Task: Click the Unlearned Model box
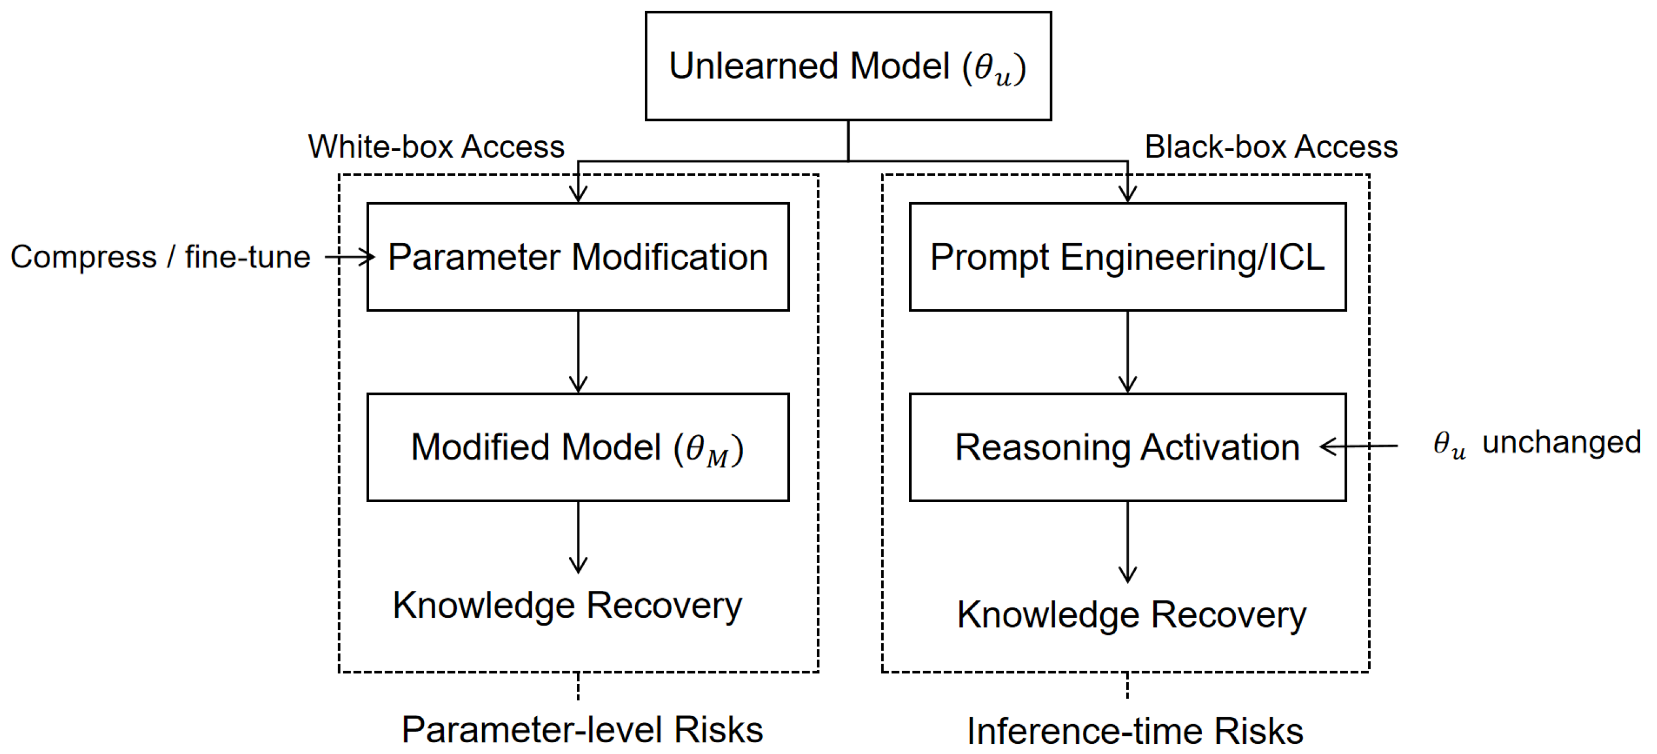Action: pyautogui.click(x=848, y=66)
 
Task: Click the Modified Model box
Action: pyautogui.click(x=578, y=447)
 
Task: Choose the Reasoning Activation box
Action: pyautogui.click(x=1127, y=447)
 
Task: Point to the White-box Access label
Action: pyautogui.click(x=436, y=147)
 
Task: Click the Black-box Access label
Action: pyautogui.click(x=1271, y=147)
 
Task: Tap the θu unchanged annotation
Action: pyautogui.click(x=1536, y=444)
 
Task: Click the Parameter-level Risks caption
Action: pyautogui.click(x=582, y=730)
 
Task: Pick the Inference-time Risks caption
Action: pyautogui.click(x=1135, y=731)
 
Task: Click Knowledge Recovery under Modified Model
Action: pyautogui.click(x=567, y=605)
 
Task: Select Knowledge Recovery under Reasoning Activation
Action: pyautogui.click(x=1131, y=615)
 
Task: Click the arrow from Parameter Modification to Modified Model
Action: pyautogui.click(x=578, y=352)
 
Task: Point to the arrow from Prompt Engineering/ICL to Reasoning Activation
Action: pyautogui.click(x=1127, y=352)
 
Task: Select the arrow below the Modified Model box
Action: pyautogui.click(x=578, y=537)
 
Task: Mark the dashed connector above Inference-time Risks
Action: pyautogui.click(x=1127, y=686)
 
